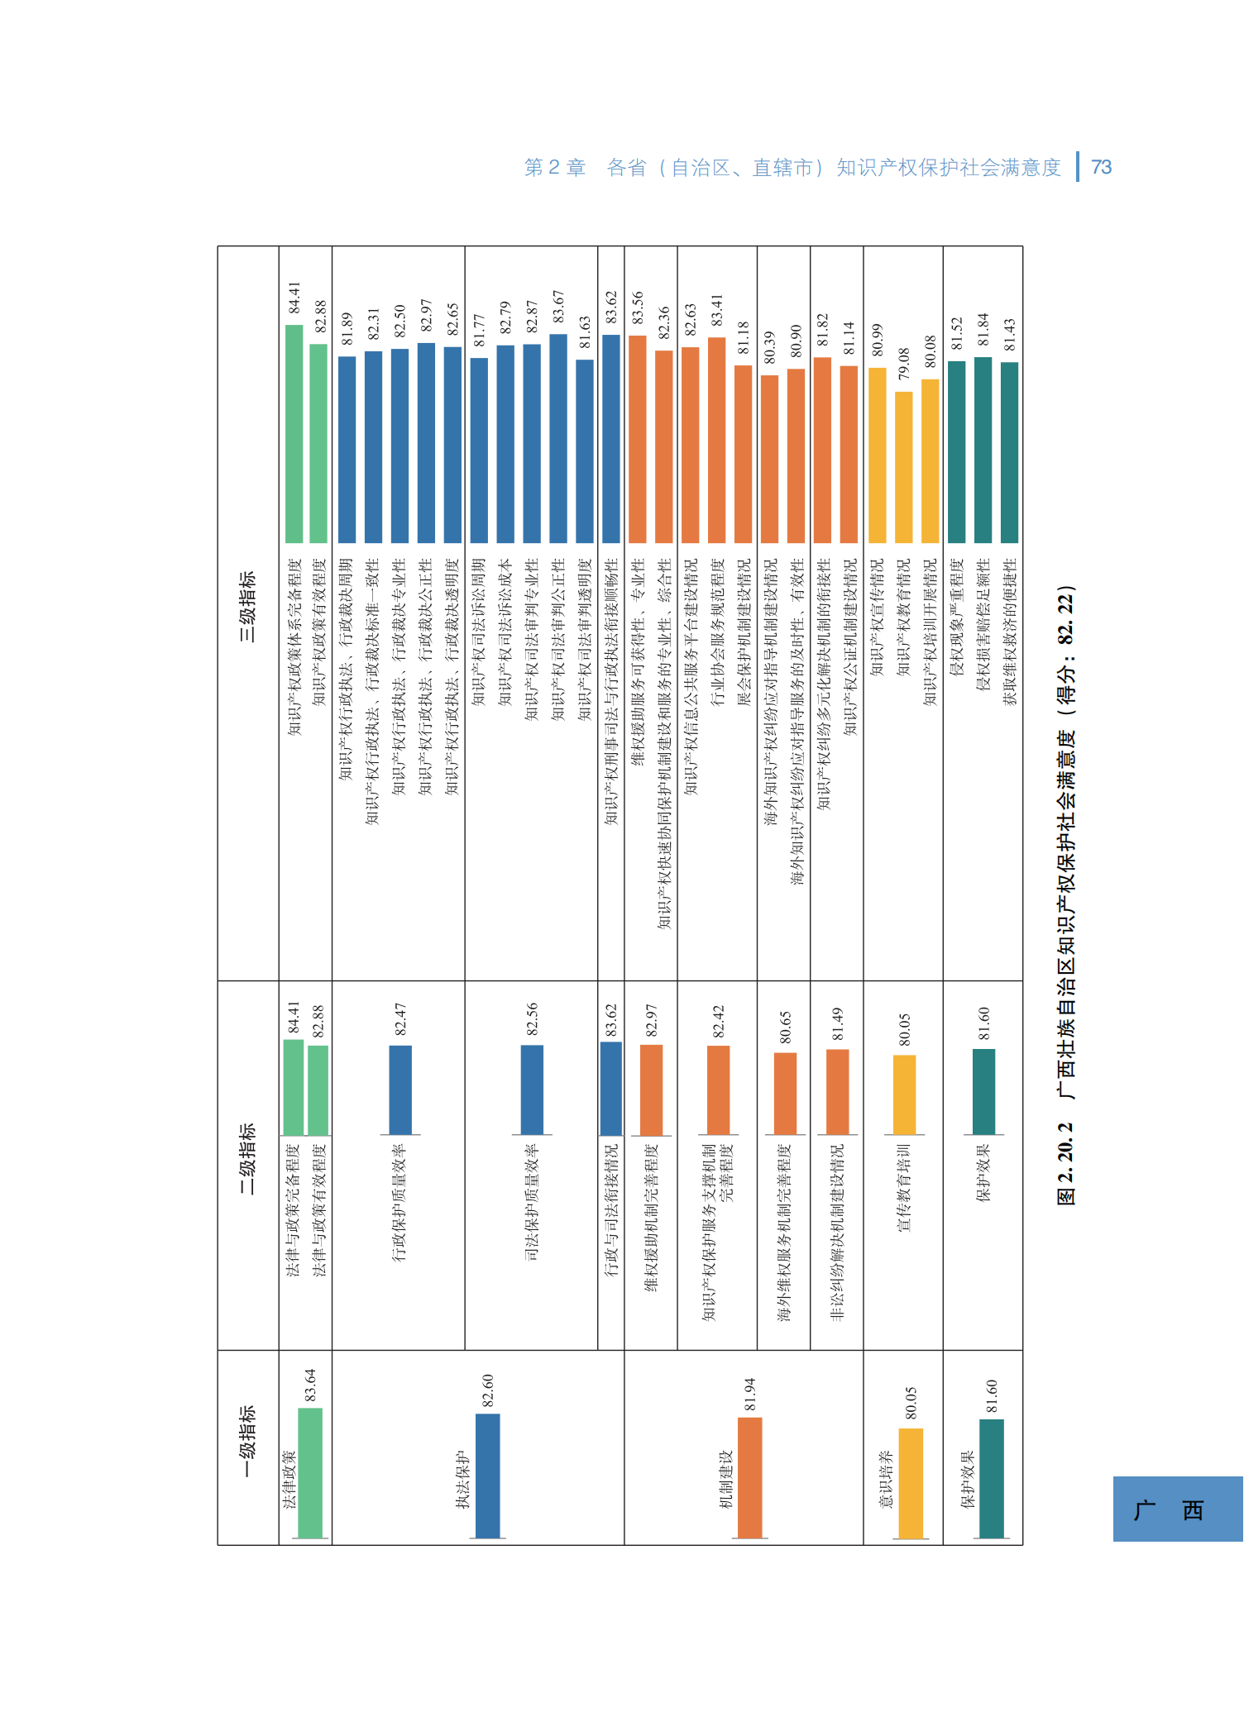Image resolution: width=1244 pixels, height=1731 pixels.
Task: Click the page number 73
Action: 1101,168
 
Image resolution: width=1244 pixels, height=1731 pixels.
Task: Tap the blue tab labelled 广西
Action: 1177,1509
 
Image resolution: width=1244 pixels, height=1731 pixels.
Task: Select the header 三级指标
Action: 247,607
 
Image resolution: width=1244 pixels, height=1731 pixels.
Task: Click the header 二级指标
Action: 247,1158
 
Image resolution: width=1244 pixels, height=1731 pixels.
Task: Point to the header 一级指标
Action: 247,1442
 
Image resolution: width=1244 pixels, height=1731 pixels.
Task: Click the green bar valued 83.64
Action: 310,1473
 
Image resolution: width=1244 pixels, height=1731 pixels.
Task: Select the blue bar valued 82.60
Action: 488,1476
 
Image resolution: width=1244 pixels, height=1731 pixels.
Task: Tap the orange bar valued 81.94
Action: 749,1478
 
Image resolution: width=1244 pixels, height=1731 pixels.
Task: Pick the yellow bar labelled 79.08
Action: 904,467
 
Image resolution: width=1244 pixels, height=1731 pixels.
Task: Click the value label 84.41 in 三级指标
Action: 294,298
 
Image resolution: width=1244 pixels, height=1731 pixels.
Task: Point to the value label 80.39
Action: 769,348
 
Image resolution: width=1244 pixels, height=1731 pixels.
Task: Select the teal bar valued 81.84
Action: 983,450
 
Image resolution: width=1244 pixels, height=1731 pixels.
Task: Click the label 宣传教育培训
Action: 904,1188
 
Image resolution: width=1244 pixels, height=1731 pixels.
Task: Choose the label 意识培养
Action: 885,1480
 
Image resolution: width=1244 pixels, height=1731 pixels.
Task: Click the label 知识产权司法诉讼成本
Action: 505,632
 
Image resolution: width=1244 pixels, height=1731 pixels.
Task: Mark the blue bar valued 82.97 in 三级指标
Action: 426,443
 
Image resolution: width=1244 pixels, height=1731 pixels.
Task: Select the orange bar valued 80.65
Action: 785,1093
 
